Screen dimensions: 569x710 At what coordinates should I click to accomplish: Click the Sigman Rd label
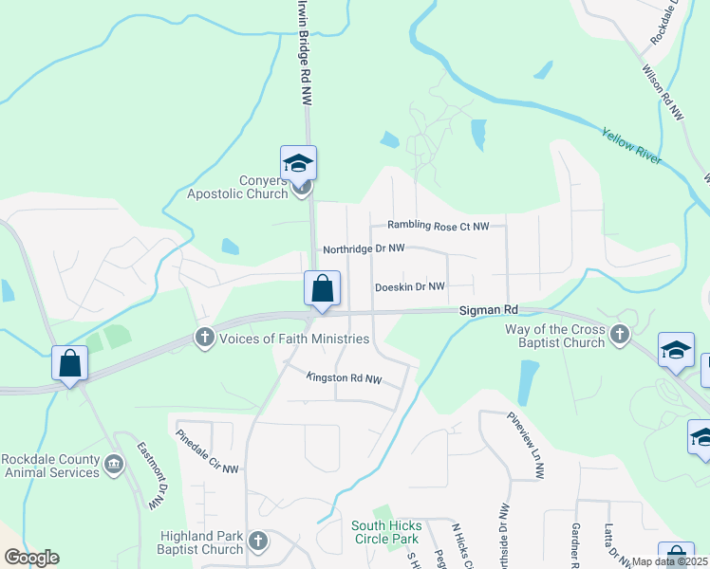490,309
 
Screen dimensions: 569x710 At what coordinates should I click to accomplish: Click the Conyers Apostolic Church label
237,188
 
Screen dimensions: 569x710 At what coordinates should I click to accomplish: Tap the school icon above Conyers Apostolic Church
298,163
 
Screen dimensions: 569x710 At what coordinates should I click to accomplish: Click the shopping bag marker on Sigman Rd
322,288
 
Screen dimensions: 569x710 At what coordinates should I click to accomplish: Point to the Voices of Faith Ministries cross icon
204,337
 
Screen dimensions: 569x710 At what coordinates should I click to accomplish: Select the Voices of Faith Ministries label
294,339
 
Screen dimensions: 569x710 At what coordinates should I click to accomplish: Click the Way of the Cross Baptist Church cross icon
620,334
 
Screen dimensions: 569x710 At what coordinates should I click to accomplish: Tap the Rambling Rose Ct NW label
438,226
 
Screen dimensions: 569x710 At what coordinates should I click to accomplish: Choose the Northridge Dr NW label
364,248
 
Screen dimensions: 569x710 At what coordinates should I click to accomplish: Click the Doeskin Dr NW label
410,286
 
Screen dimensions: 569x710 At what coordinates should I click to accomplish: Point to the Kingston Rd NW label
344,378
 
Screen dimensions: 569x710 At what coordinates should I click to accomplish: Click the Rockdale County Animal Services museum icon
113,464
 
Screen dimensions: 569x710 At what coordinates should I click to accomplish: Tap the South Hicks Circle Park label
384,532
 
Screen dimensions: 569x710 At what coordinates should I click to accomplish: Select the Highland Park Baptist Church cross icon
257,542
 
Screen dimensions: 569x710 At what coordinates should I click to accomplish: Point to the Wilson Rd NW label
663,91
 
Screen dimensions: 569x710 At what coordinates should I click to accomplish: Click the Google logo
31,558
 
